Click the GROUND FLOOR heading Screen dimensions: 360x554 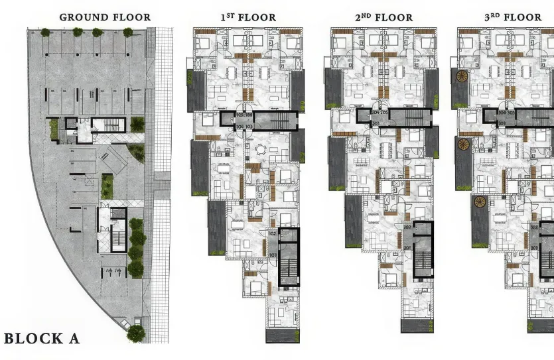point(105,17)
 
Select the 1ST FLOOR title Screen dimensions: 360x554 point(248,17)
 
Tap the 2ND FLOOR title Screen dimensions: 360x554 point(383,17)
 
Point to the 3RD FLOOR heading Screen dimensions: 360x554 point(512,17)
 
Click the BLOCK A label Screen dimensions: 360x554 point(42,339)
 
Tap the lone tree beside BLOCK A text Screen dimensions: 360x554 point(135,332)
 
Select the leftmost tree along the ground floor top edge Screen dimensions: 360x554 point(45,32)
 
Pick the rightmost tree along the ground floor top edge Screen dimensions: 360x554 point(127,32)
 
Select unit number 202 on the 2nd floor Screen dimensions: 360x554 point(407,227)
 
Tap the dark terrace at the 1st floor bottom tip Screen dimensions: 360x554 point(283,334)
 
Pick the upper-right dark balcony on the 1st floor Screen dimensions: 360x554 point(297,90)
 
